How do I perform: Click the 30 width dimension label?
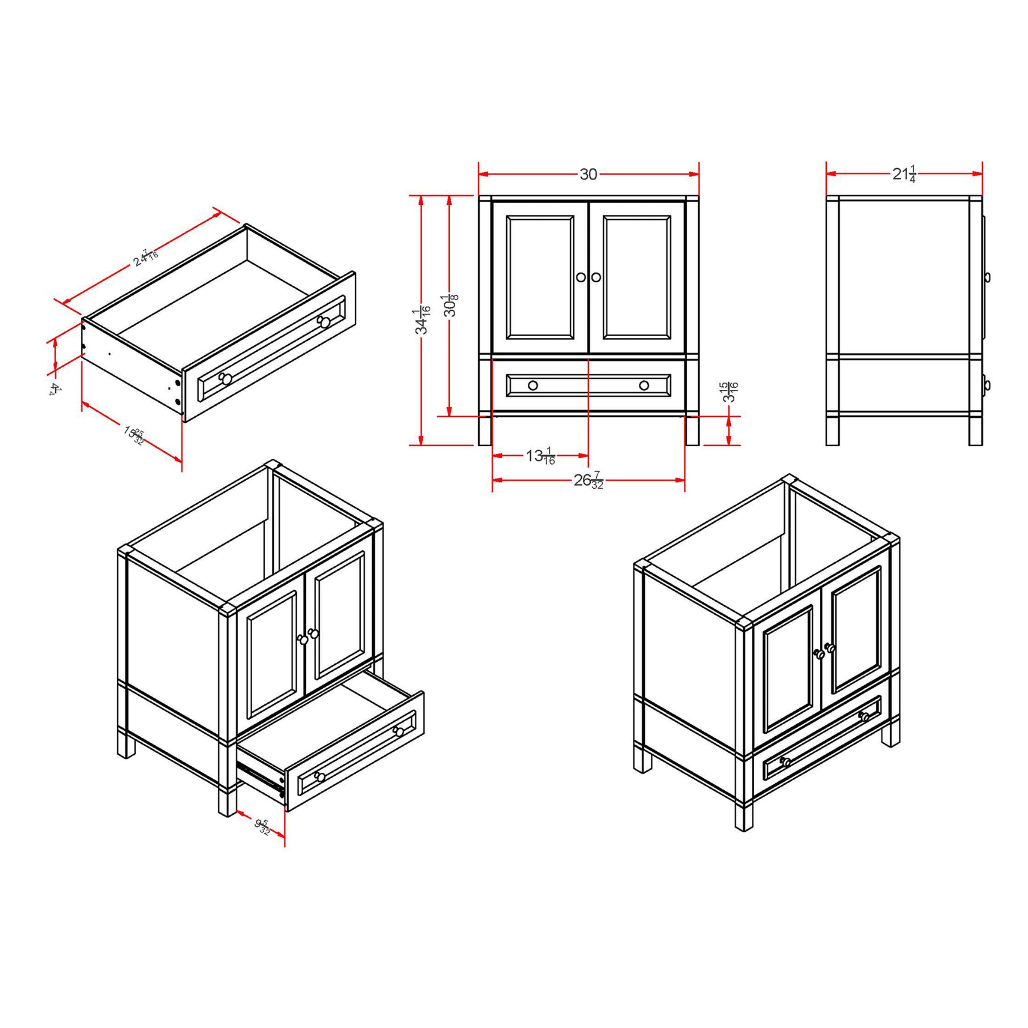point(588,174)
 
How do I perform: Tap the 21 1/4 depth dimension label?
point(904,174)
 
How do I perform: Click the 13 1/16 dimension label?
point(541,456)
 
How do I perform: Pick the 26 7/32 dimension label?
point(589,481)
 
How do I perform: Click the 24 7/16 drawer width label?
point(146,257)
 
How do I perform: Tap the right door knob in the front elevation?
point(596,277)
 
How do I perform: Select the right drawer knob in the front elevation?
point(644,385)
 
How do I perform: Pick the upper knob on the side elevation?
point(986,277)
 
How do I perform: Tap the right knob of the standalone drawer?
point(323,321)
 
